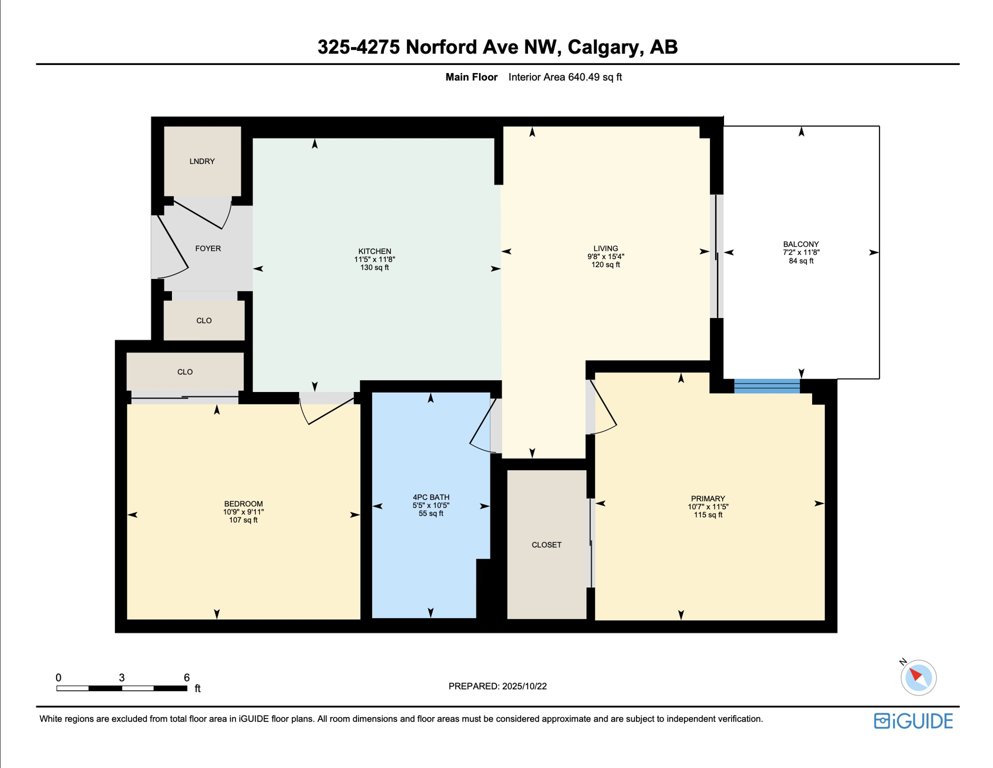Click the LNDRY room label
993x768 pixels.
202,161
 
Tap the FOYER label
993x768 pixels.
208,248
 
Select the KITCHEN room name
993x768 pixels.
374,251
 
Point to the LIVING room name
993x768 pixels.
605,248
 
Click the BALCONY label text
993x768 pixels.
801,244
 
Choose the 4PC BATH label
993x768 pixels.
431,497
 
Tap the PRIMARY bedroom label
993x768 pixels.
708,498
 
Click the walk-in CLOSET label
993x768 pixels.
546,544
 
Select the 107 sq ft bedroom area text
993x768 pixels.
243,520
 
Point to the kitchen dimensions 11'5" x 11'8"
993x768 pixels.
374,259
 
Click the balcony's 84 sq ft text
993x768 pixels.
801,260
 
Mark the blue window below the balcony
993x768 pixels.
767,386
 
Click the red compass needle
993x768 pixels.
915,674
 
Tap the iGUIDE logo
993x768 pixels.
913,721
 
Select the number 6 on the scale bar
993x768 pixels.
186,677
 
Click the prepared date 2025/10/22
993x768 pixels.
524,686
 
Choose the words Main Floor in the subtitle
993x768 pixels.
471,77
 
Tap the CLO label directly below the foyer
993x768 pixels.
204,320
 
